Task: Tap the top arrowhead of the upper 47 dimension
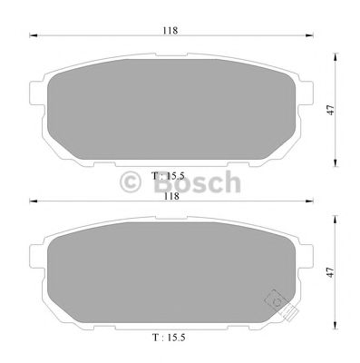337,54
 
